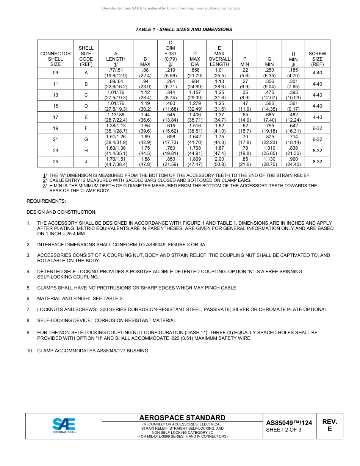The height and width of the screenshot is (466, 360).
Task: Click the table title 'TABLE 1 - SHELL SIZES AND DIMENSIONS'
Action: (x=184, y=30)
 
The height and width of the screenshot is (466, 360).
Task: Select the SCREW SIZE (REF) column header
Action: (x=317, y=59)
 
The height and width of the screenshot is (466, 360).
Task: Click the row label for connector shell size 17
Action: (x=55, y=117)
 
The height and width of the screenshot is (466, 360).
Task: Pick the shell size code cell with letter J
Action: (x=86, y=162)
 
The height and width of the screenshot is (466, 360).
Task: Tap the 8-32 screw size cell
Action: (x=317, y=162)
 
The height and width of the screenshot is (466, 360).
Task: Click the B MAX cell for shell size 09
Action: (x=145, y=73)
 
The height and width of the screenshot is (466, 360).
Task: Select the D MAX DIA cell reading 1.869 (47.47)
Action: (x=195, y=162)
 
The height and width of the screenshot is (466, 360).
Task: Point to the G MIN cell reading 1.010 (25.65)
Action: (x=269, y=151)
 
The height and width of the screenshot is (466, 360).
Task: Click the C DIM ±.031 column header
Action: (x=171, y=53)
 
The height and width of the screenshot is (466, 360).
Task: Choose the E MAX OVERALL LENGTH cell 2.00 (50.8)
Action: (x=219, y=162)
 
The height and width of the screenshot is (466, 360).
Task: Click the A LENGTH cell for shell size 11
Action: (x=116, y=84)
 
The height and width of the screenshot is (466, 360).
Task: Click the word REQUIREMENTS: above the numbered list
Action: (x=46, y=201)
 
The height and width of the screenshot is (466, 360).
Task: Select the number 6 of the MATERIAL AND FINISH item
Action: (x=28, y=299)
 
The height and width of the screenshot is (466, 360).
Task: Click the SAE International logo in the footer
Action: (x=64, y=425)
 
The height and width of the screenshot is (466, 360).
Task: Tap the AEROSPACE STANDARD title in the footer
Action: (x=182, y=418)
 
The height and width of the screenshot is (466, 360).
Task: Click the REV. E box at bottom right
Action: (x=329, y=425)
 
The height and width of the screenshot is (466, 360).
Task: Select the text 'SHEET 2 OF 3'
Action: (x=283, y=430)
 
